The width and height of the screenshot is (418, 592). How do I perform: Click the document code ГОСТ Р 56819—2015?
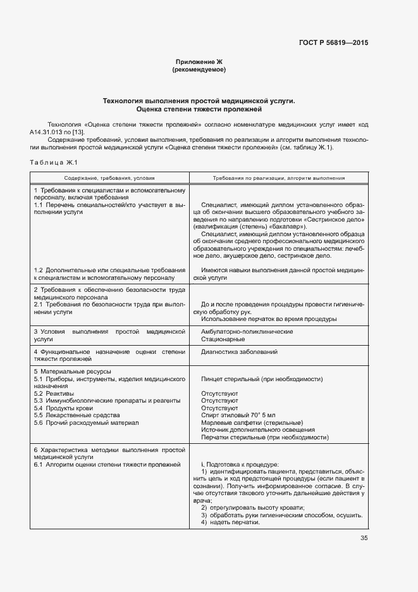coord(333,42)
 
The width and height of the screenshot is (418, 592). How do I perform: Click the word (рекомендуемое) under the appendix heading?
coord(199,69)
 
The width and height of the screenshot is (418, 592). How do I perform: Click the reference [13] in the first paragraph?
coord(78,132)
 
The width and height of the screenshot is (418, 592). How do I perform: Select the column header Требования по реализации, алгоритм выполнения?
coord(278,179)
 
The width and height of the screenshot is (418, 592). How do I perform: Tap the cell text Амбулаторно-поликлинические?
coord(247,331)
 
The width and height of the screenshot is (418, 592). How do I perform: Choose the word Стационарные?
coord(223,339)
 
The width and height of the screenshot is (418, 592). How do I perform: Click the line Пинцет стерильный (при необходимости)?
coord(262,379)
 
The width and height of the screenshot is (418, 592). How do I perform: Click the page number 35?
coord(364,538)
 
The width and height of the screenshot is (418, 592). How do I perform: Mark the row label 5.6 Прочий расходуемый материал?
coord(86,422)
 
